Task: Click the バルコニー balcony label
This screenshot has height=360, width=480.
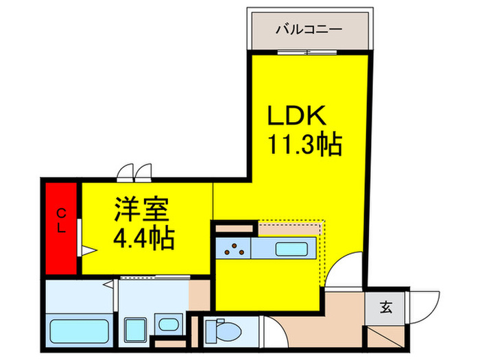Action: (x=308, y=29)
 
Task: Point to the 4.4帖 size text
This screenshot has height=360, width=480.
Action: (x=143, y=239)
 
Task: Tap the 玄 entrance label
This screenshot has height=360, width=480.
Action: (x=385, y=307)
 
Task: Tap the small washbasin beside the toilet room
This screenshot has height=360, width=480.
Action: (x=165, y=326)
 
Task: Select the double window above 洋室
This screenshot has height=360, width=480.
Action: (x=134, y=171)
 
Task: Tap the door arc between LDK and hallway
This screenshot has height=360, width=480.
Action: (x=345, y=269)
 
